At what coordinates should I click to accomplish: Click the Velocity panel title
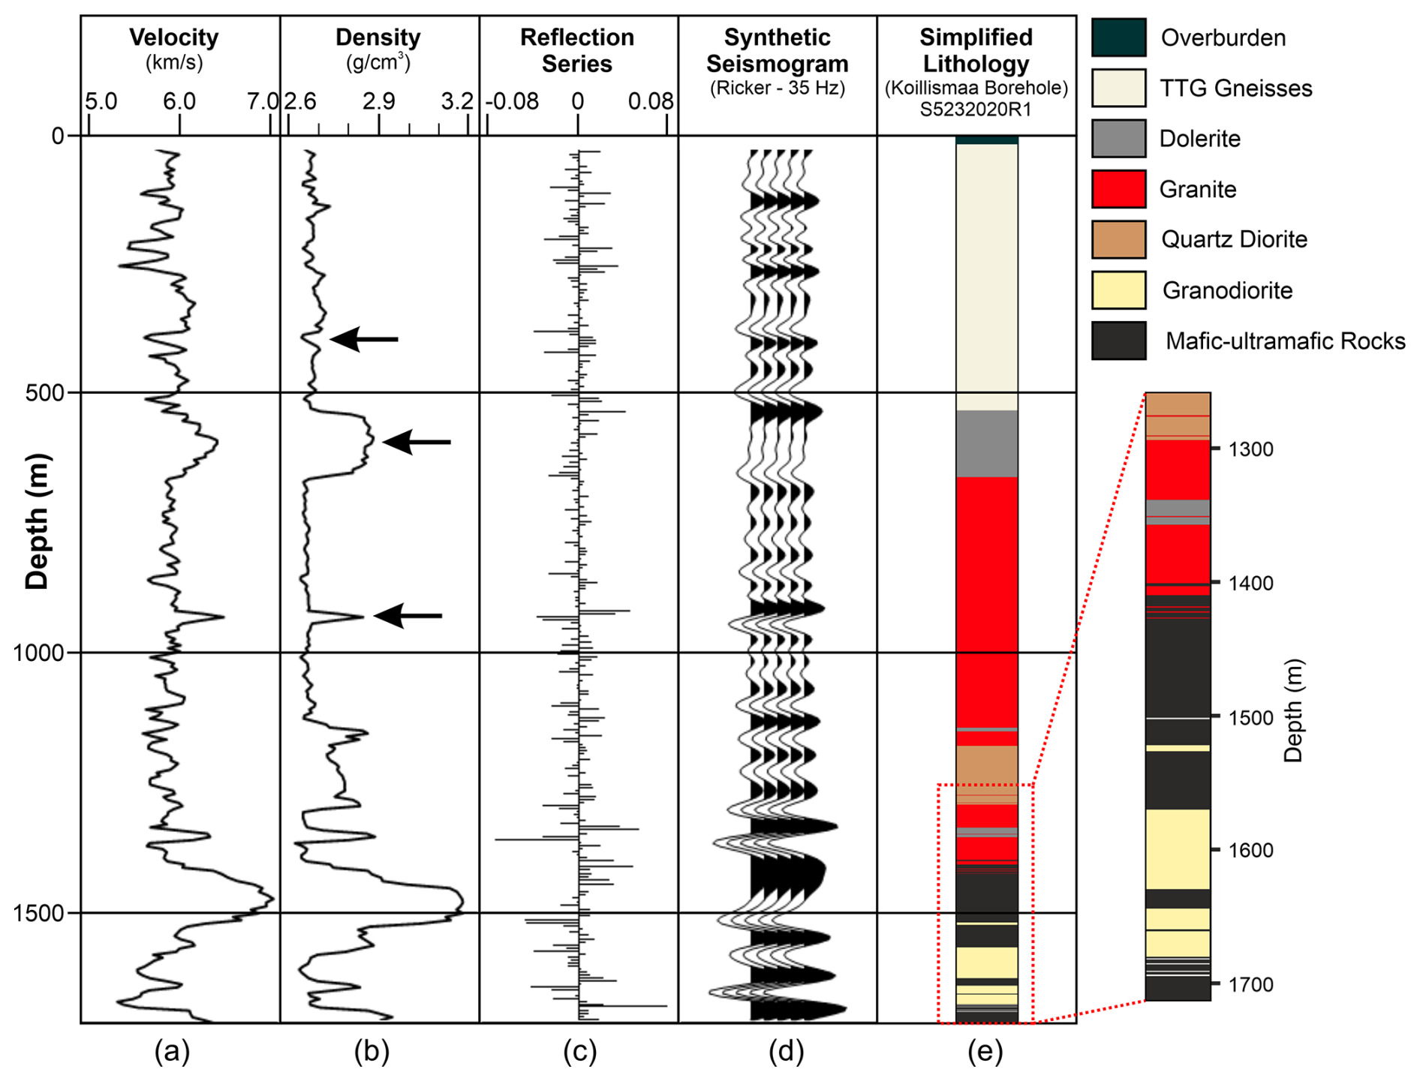(x=173, y=38)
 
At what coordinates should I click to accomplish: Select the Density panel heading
(x=378, y=38)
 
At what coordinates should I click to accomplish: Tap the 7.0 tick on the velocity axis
(x=263, y=101)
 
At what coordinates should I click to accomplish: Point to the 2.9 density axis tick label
(x=378, y=101)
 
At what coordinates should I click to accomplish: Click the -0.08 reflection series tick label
(x=512, y=101)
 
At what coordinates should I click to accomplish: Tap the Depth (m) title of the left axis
(x=38, y=521)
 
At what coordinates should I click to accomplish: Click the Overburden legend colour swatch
(x=1118, y=38)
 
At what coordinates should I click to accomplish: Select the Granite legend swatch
(x=1118, y=189)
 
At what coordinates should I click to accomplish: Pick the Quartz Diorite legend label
(x=1234, y=240)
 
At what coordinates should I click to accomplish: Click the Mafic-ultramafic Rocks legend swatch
(x=1118, y=341)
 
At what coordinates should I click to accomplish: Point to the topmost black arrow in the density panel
(x=365, y=339)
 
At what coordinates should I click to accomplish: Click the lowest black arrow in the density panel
(x=408, y=616)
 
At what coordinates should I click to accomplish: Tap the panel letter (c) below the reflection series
(x=579, y=1052)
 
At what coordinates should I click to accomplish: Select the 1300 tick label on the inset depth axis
(x=1250, y=449)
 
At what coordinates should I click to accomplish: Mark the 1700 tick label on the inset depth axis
(x=1250, y=983)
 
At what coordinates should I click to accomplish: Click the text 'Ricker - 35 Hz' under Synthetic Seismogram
(x=778, y=89)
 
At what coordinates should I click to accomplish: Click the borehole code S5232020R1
(x=976, y=110)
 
